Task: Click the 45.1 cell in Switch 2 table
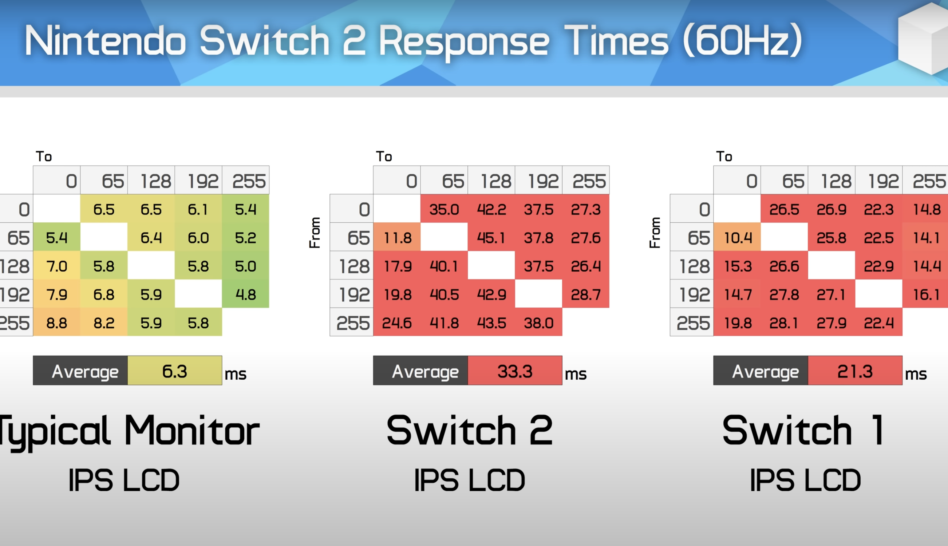coord(491,237)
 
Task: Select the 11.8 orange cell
coord(397,237)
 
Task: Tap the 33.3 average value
coord(515,371)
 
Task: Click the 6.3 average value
coord(175,371)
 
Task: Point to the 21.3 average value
coord(855,371)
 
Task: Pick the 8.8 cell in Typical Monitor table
coord(57,323)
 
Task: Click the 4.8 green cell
coord(246,294)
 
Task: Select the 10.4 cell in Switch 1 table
coord(737,237)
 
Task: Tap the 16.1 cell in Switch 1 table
coord(925,294)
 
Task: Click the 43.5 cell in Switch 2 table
coord(491,323)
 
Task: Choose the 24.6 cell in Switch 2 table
coord(397,323)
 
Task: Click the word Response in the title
coord(464,42)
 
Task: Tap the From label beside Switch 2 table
coord(315,233)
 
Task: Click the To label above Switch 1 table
coord(724,157)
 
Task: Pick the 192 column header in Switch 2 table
coord(543,181)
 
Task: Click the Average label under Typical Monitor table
coord(85,372)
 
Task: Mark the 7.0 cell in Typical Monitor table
coord(57,266)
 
